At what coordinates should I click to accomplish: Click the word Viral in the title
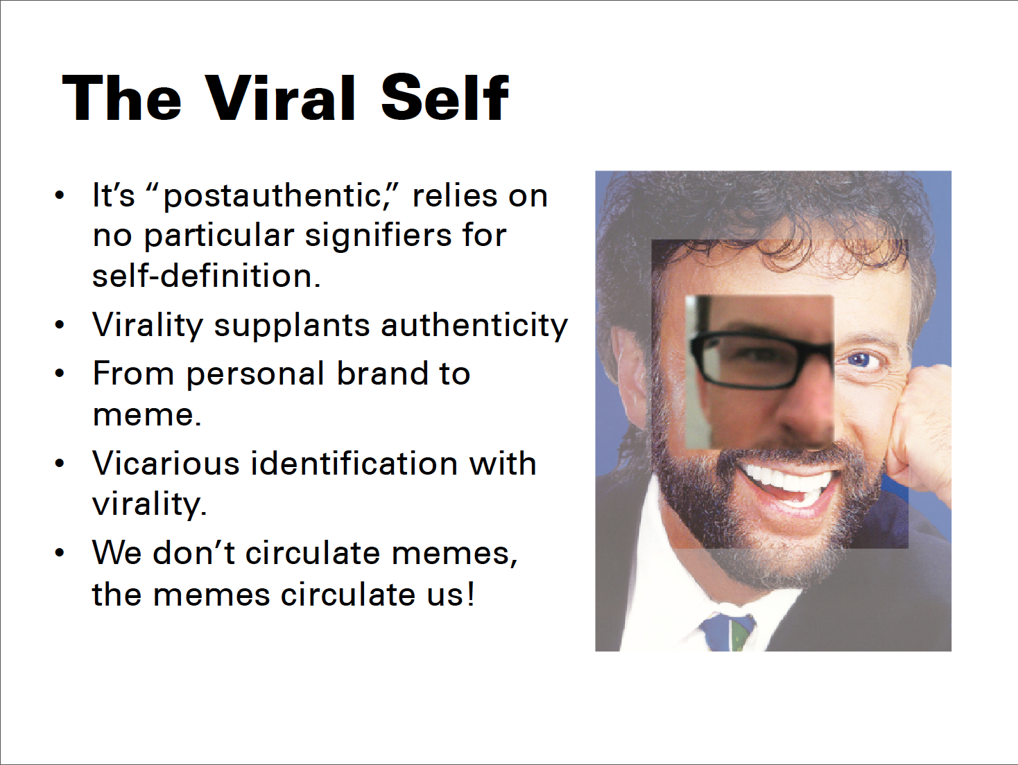point(279,98)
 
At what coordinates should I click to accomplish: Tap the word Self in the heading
point(445,98)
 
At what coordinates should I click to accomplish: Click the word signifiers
point(378,236)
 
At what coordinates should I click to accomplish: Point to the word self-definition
point(206,276)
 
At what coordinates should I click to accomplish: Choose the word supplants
point(292,326)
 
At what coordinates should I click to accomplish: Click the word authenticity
point(474,326)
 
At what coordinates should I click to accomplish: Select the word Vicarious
point(166,464)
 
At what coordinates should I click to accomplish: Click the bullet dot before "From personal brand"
point(59,373)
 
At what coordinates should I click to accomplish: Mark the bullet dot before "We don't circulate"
point(59,553)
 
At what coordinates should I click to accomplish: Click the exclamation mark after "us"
point(471,593)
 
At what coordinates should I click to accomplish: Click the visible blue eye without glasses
point(862,360)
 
